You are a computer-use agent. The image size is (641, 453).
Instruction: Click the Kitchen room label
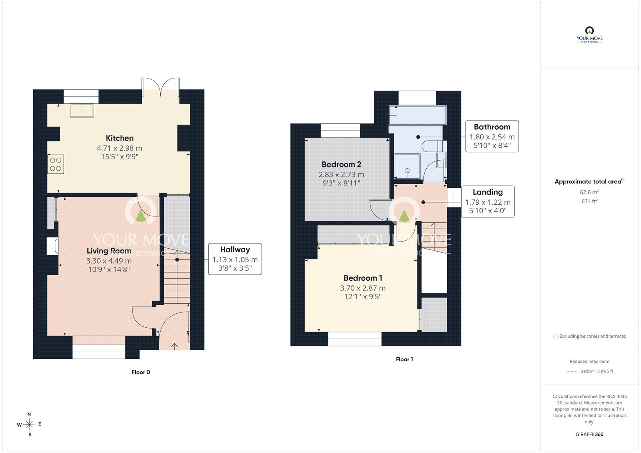(x=120, y=138)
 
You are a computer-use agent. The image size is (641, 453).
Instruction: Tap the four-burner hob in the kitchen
(x=56, y=164)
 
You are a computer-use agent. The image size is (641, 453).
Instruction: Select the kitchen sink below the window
(x=82, y=111)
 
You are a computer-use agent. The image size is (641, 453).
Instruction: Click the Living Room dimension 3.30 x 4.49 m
(x=109, y=261)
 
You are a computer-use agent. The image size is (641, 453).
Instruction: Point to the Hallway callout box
(x=235, y=259)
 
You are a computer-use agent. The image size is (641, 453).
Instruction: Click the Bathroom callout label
(x=492, y=127)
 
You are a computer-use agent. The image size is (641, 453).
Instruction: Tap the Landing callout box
(x=488, y=201)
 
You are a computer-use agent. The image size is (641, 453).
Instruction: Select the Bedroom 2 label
(x=341, y=165)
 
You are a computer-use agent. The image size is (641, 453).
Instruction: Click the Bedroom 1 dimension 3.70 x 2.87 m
(x=363, y=288)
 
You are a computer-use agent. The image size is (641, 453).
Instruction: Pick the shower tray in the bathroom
(x=407, y=166)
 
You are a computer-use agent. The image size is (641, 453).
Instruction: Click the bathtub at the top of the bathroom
(x=417, y=115)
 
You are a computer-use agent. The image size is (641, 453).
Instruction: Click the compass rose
(x=29, y=424)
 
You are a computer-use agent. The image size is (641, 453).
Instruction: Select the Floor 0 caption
(x=141, y=372)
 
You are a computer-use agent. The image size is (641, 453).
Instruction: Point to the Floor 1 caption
(x=404, y=359)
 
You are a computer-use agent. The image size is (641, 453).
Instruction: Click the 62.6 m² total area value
(x=589, y=192)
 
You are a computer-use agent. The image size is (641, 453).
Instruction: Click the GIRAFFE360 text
(x=589, y=435)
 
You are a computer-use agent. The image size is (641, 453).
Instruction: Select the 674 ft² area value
(x=589, y=201)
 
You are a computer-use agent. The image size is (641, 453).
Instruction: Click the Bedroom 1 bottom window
(x=355, y=339)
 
